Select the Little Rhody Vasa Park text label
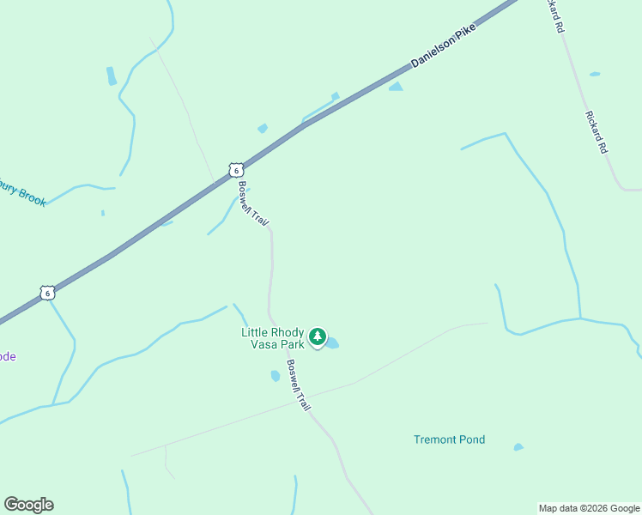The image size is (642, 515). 272,338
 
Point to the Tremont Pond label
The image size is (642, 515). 449,439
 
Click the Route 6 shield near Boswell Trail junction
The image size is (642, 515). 235,170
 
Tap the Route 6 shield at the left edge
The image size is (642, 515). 48,293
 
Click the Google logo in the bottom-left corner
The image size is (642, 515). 28,504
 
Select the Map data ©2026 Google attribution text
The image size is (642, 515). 590,508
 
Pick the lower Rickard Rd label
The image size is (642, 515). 597,131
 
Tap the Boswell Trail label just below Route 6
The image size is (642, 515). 254,204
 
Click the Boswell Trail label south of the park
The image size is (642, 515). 298,384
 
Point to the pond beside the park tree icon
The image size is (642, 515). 332,343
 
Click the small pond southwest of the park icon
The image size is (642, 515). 276,376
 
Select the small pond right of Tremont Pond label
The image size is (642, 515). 518,446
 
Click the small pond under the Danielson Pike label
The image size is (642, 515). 396,86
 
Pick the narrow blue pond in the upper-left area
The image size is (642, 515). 111,76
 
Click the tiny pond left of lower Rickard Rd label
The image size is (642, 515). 595,74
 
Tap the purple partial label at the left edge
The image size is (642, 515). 7,356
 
